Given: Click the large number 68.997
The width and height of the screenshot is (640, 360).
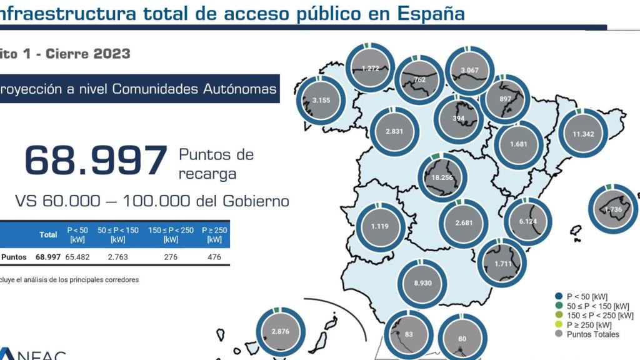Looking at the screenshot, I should (x=96, y=161).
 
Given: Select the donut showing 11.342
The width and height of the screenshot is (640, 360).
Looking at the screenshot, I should (x=582, y=134).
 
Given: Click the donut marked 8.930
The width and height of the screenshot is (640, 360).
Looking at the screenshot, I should (x=423, y=283).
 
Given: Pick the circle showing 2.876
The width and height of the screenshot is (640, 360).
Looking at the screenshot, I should (x=281, y=331).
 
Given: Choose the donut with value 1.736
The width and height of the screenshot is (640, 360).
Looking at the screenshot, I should (x=614, y=209).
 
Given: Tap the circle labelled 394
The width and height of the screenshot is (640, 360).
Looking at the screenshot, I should (x=459, y=119).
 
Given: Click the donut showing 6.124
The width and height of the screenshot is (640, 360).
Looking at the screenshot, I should (x=528, y=221).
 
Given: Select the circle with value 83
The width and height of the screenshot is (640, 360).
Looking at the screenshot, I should (x=409, y=334).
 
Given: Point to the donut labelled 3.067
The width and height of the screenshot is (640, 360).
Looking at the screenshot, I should (x=470, y=69).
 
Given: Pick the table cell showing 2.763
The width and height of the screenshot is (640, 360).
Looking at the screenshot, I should (x=117, y=257).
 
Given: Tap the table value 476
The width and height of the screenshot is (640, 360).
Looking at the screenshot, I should (x=214, y=257).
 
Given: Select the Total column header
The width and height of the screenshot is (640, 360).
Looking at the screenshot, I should (x=48, y=235).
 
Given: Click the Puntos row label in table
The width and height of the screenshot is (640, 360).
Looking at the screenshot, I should (x=14, y=257).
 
